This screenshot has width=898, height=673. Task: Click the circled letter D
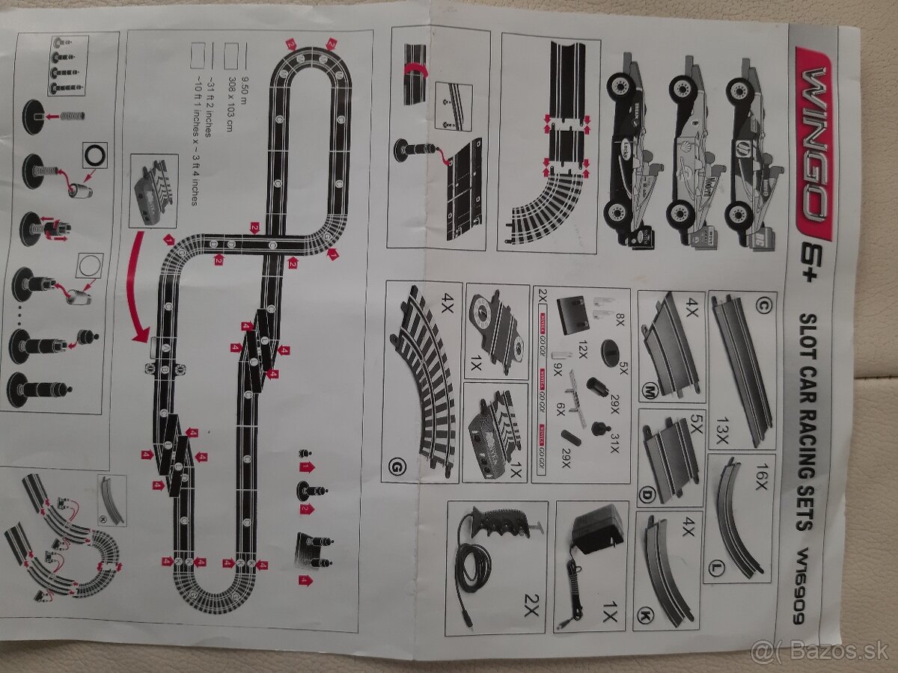pyautogui.click(x=647, y=494)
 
